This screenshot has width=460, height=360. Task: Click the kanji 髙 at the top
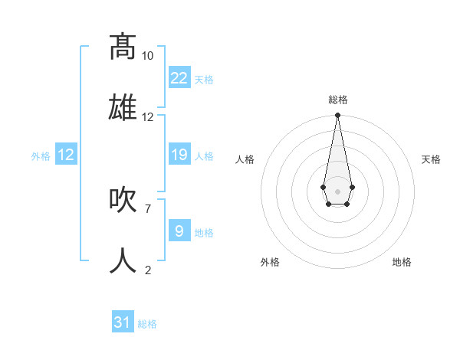coord(123,47)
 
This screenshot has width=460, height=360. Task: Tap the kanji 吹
coord(123,201)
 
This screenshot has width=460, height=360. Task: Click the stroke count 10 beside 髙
coord(148,56)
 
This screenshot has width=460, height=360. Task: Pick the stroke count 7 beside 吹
coord(148,208)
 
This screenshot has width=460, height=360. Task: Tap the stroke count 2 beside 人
coord(148,270)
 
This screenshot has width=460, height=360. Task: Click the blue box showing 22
coord(179,78)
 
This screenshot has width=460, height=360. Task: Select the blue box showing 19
coord(179,155)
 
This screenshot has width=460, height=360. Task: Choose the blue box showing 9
coord(179,231)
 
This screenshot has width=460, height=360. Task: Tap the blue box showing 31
coord(123,322)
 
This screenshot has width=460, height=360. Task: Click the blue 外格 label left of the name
coord(41,156)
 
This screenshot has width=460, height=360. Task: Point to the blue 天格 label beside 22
coord(204,80)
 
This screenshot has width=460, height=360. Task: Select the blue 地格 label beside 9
coord(204,233)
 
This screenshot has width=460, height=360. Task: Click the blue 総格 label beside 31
coord(147,324)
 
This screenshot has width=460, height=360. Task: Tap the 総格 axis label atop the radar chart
coord(337,100)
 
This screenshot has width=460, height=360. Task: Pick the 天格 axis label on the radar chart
coord(432,159)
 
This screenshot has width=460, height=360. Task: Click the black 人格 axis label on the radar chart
coord(245,159)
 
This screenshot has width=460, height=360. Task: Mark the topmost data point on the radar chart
coord(337,116)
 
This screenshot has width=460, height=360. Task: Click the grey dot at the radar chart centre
coord(337,190)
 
